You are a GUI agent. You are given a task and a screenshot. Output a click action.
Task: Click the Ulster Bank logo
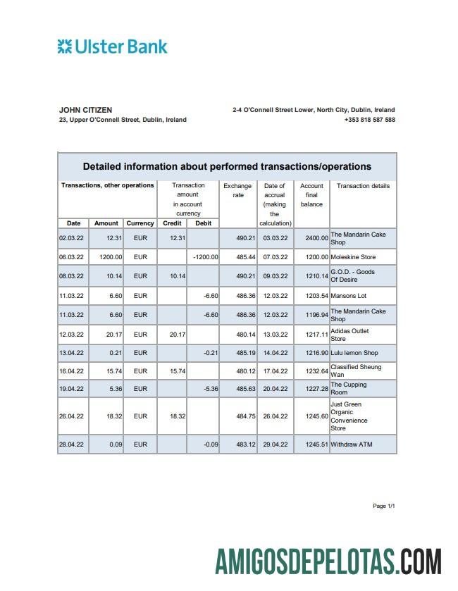click(113, 47)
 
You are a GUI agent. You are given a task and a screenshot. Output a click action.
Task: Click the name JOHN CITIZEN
click(85, 110)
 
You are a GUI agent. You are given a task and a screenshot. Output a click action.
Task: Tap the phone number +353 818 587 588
click(369, 120)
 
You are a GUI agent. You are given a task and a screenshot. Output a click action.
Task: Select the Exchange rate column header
click(237, 190)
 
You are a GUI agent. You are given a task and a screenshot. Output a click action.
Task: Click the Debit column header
click(203, 223)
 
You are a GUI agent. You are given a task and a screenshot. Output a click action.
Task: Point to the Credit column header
click(172, 223)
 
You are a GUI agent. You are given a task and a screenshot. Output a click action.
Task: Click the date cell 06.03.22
click(71, 257)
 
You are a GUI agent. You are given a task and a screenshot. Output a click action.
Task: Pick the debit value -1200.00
click(205, 257)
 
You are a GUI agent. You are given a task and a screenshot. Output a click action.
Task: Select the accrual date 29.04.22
click(275, 444)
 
